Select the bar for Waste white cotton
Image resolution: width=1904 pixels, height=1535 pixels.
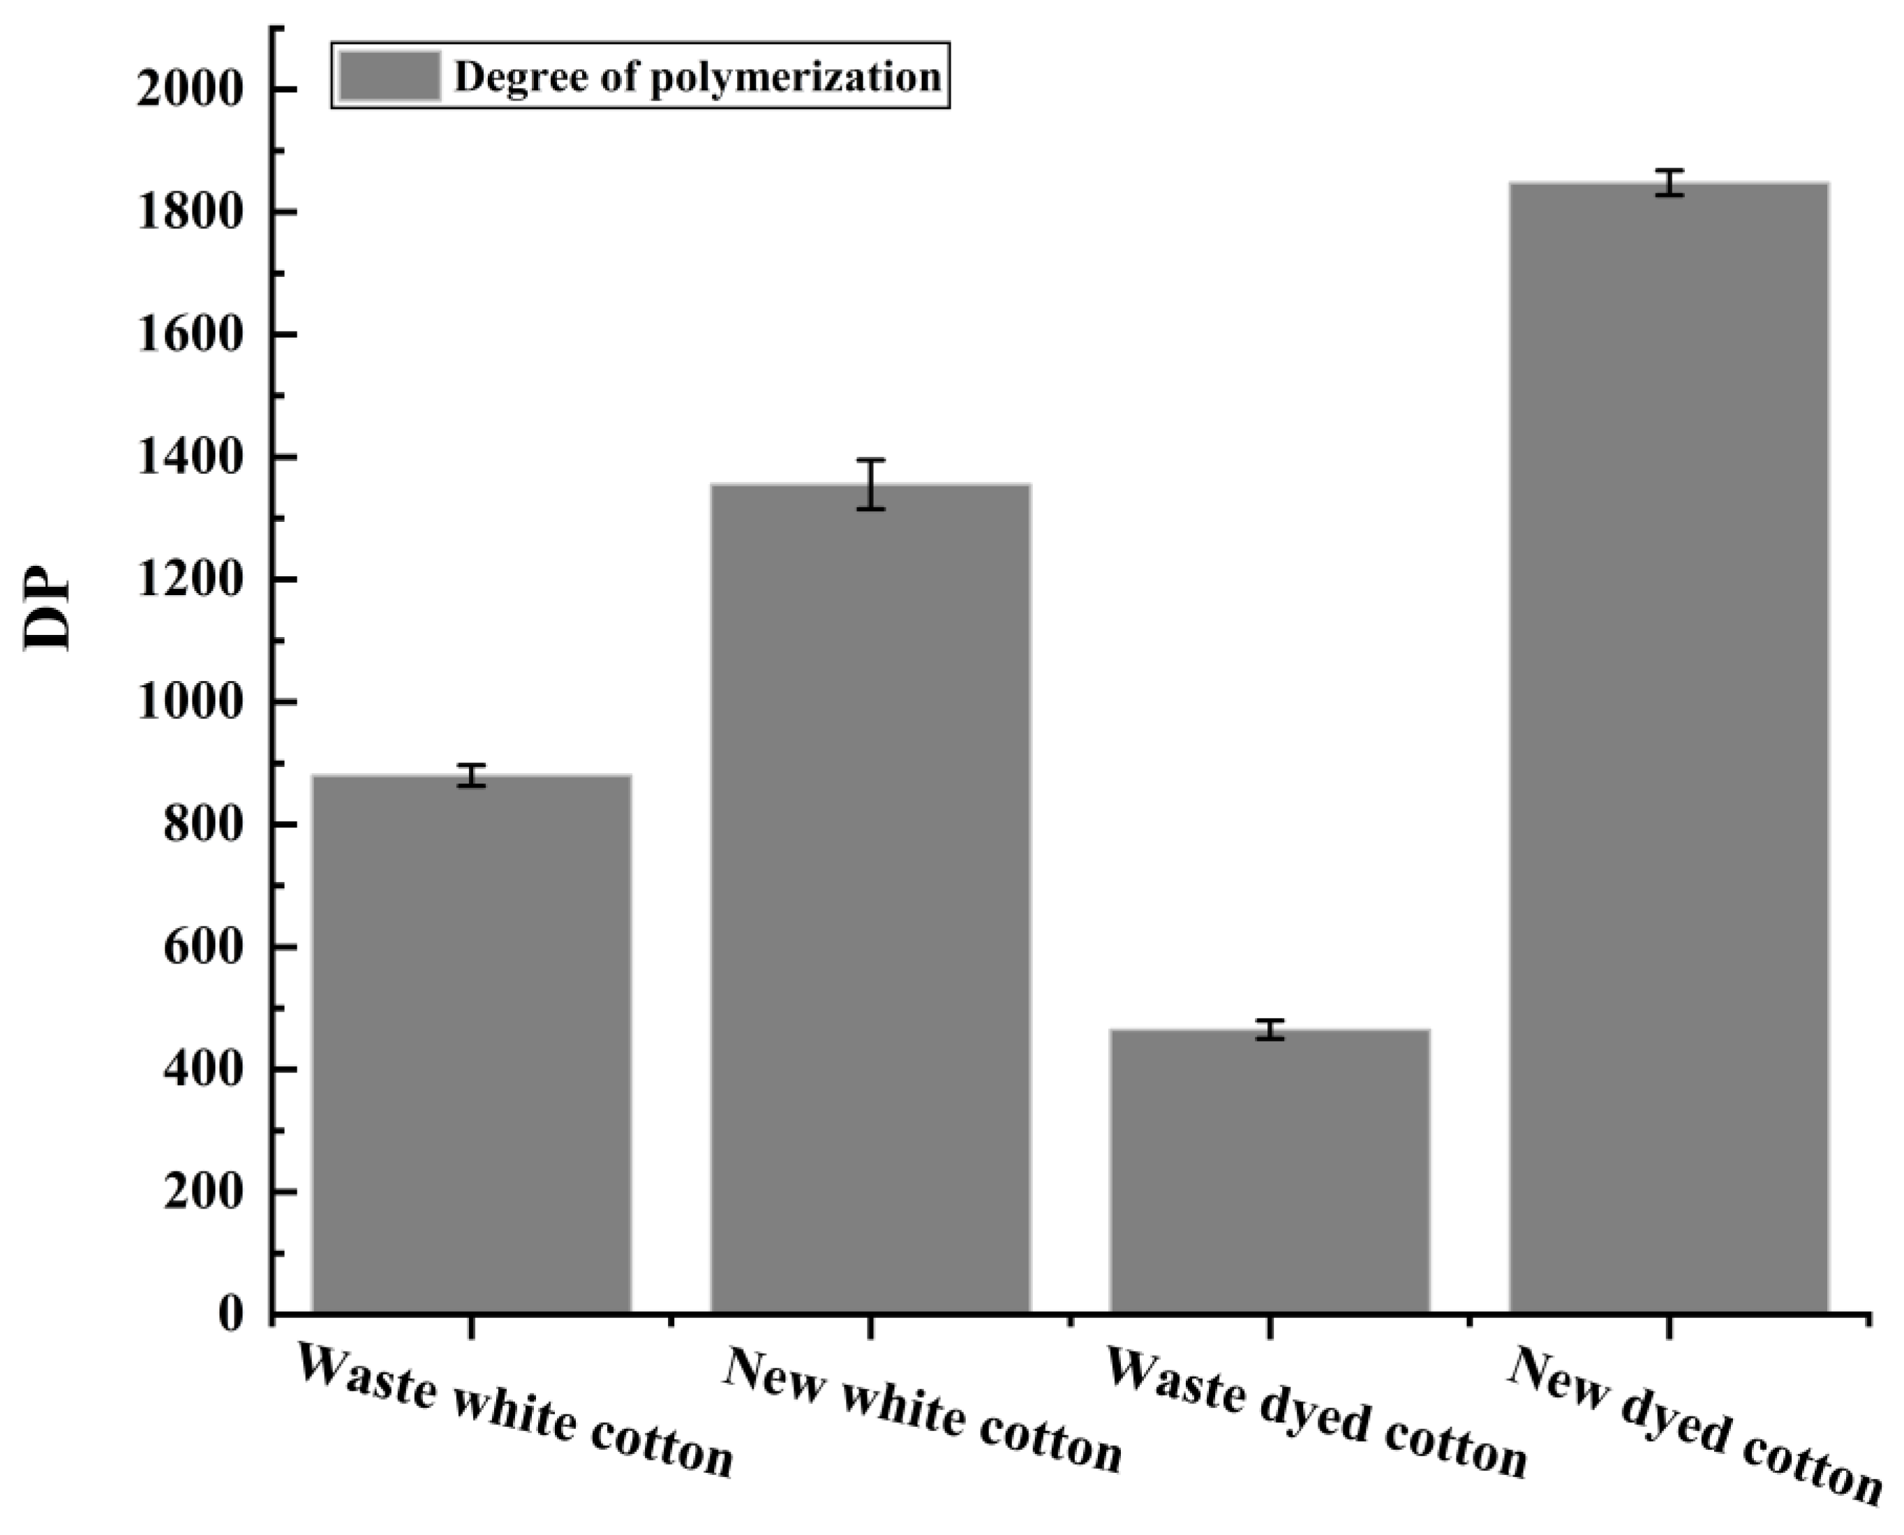pyautogui.click(x=471, y=1043)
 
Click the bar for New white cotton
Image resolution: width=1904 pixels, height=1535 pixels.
pyautogui.click(x=870, y=897)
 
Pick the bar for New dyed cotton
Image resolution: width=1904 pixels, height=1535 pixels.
pyautogui.click(x=1669, y=747)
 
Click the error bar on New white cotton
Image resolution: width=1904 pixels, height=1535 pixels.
pyautogui.click(x=870, y=484)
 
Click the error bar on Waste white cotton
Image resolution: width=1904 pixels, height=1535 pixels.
pyautogui.click(x=471, y=775)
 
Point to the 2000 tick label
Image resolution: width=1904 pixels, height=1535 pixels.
pyautogui.click(x=188, y=91)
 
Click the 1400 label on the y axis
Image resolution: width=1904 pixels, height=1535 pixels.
pyautogui.click(x=188, y=458)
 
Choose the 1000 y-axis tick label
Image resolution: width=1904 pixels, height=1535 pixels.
pyautogui.click(x=188, y=703)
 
